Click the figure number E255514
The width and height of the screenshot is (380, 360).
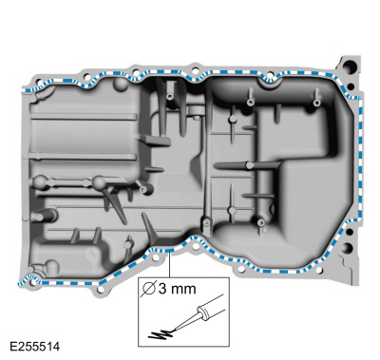coord(34,347)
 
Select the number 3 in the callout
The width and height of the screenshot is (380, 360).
coord(162,289)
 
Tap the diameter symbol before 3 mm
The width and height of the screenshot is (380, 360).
coord(149,289)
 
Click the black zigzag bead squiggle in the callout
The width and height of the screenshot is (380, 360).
coord(160,334)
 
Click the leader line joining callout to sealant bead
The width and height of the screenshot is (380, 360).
coord(170,264)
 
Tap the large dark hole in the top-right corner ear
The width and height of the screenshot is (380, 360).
coord(350,67)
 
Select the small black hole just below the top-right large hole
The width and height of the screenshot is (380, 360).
coord(351,85)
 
